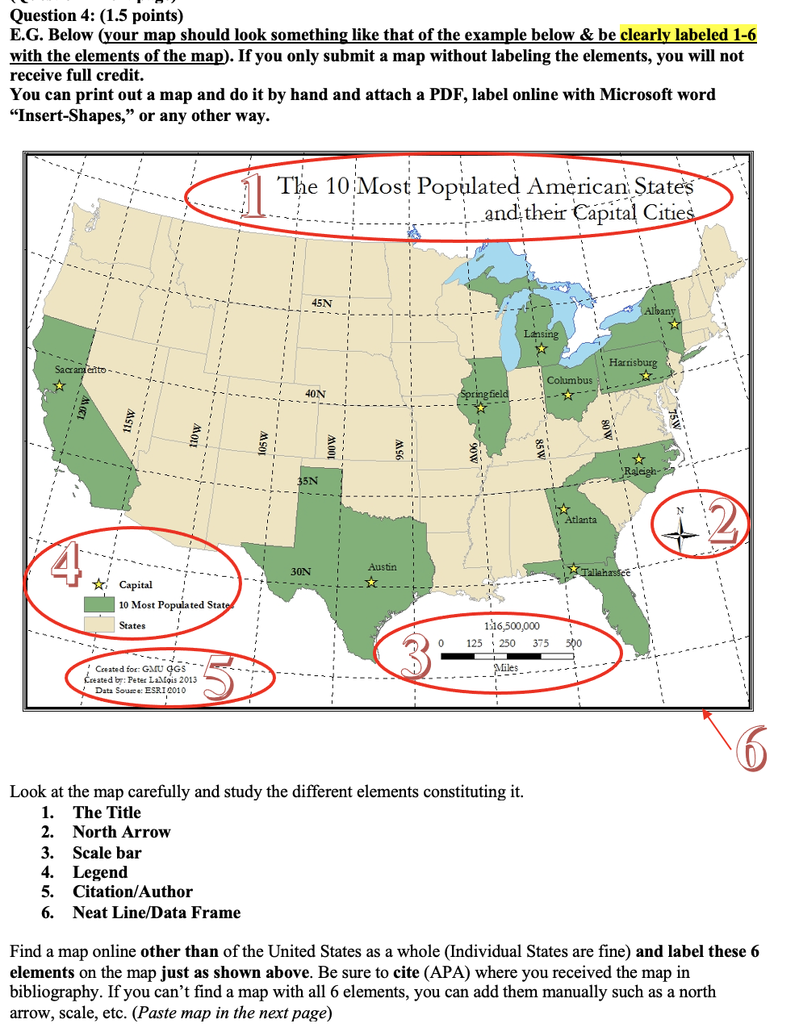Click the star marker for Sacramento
pyautogui.click(x=59, y=386)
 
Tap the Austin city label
pyautogui.click(x=382, y=567)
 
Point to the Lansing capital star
pyautogui.click(x=542, y=349)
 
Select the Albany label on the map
pyautogui.click(x=659, y=311)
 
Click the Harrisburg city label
pyautogui.click(x=633, y=363)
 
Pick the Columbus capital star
pyautogui.click(x=568, y=395)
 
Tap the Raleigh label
pyautogui.click(x=640, y=471)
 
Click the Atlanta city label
pyautogui.click(x=581, y=520)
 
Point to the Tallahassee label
pyautogui.click(x=605, y=571)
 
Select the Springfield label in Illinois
pyautogui.click(x=484, y=394)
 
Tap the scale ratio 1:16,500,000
pyautogui.click(x=512, y=626)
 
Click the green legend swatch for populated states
pyautogui.click(x=98, y=604)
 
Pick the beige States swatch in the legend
pyautogui.click(x=98, y=625)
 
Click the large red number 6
pyautogui.click(x=751, y=750)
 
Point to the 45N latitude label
pyautogui.click(x=321, y=303)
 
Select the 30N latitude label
pyautogui.click(x=300, y=571)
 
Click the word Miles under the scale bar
pyautogui.click(x=506, y=668)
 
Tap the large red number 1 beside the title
pyautogui.click(x=254, y=198)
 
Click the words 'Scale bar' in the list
pyautogui.click(x=107, y=853)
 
